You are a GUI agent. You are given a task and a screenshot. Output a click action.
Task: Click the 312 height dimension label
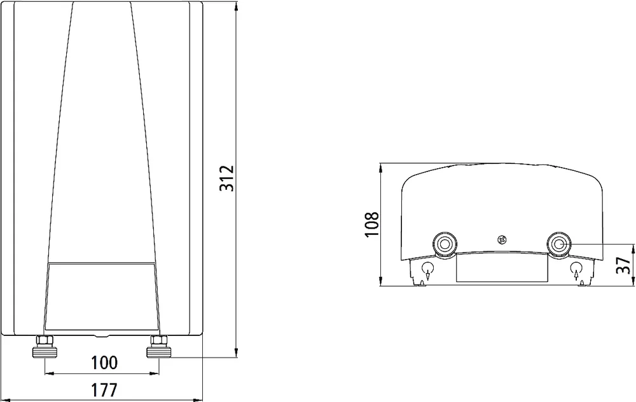[x=227, y=178]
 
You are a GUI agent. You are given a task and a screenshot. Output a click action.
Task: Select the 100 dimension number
[x=104, y=363]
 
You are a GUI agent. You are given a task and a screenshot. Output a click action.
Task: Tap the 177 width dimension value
[x=104, y=391]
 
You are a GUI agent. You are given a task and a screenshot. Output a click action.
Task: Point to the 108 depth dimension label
[x=372, y=224]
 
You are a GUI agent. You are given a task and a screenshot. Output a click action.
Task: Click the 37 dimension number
[x=623, y=265]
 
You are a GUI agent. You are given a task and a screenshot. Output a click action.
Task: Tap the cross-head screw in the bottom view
[x=502, y=239]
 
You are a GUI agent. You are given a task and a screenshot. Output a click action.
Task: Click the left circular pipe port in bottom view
[x=445, y=244]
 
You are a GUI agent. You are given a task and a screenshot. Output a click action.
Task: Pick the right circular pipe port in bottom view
[x=559, y=244]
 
